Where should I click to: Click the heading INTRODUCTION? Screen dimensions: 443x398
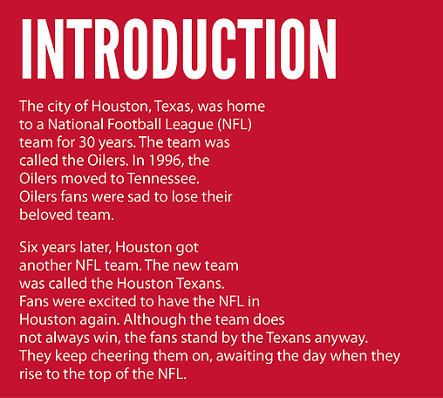(179, 49)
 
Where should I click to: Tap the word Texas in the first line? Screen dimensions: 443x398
(174, 106)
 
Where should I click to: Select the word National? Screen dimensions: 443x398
(75, 124)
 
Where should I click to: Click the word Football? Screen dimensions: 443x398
(134, 124)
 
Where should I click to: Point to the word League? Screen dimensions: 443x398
(189, 126)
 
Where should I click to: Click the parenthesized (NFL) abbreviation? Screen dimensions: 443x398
(235, 125)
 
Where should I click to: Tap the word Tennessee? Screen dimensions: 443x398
(163, 179)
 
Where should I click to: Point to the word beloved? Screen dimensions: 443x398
(46, 215)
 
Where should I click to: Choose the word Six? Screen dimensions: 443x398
(29, 248)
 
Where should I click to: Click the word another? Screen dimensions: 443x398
(45, 266)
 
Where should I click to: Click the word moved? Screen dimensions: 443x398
(83, 179)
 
